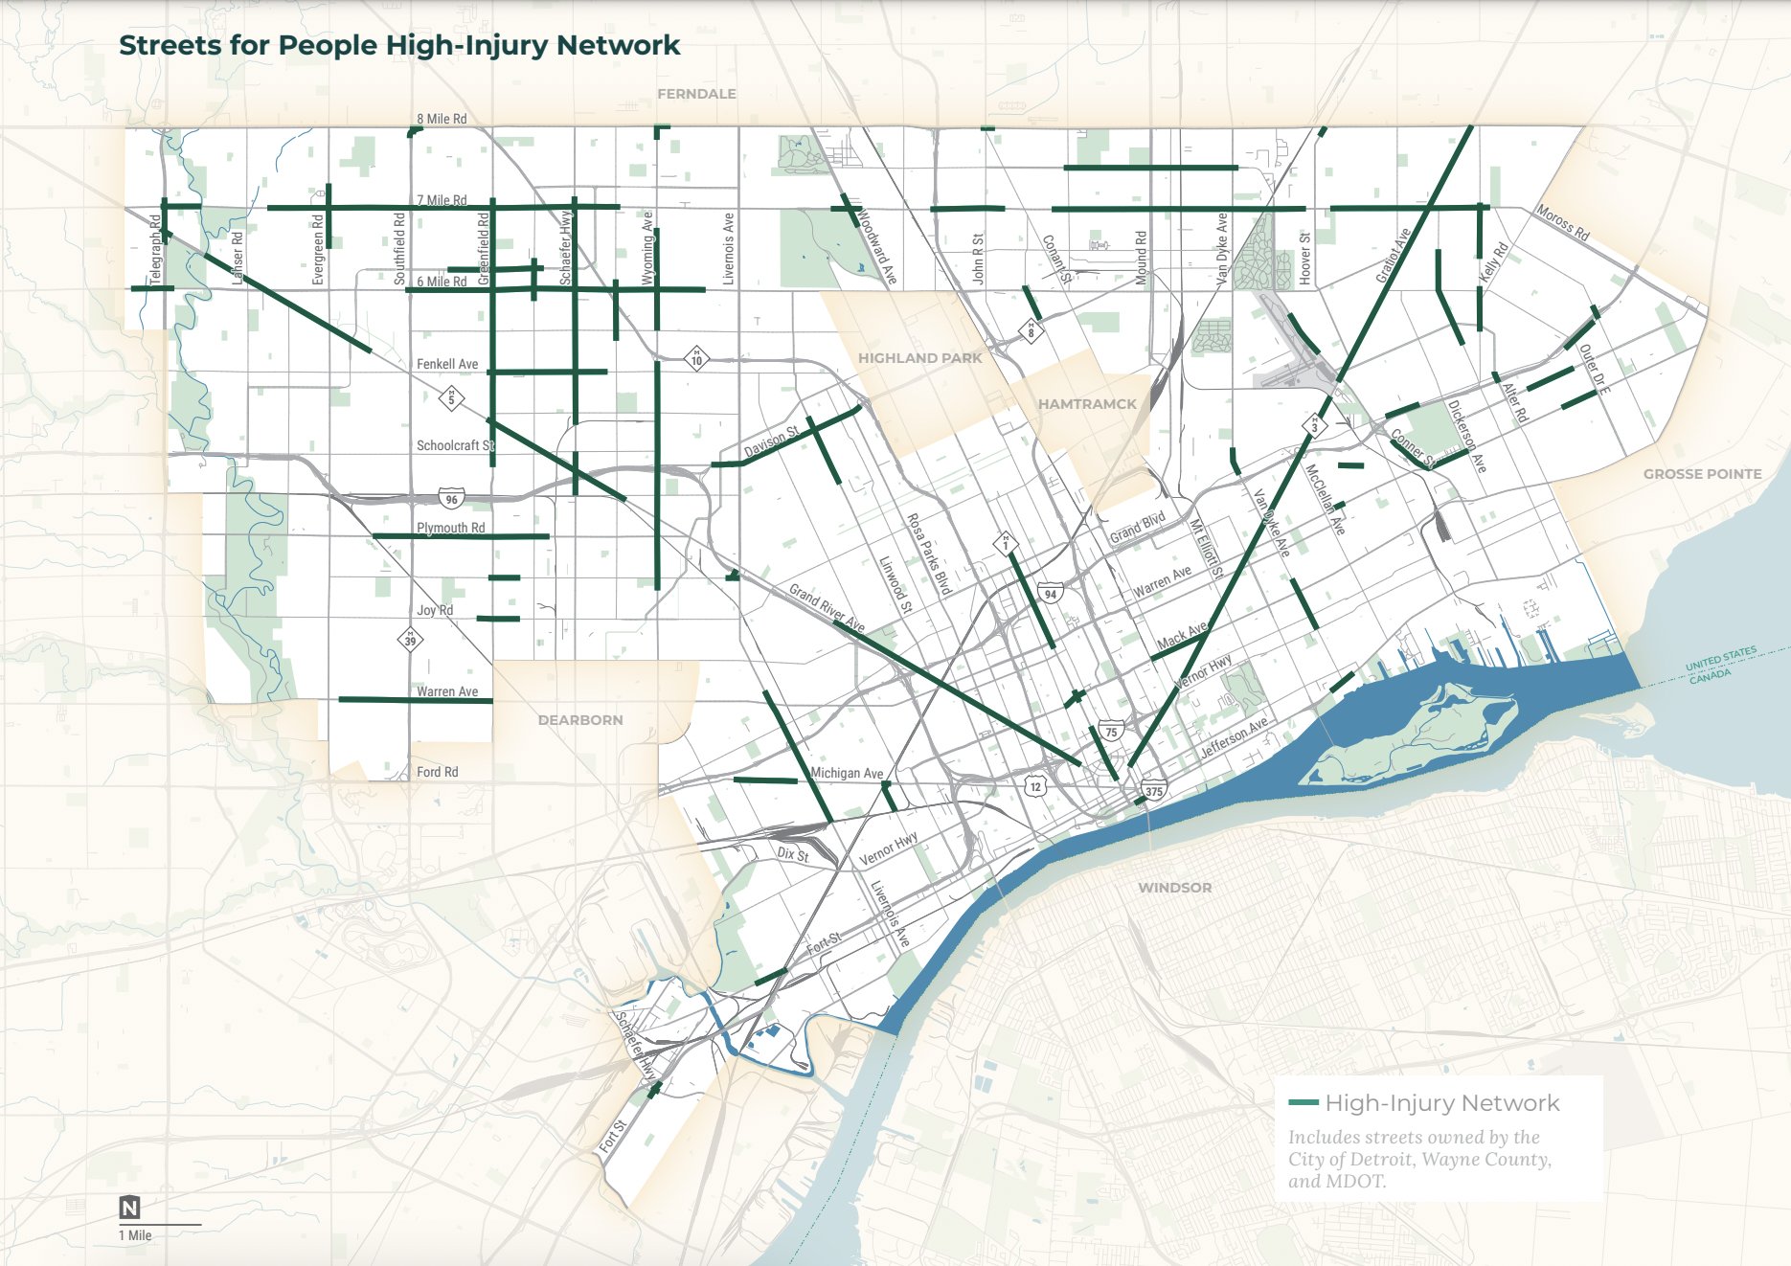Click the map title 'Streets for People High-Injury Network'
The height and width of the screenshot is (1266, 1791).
(x=399, y=45)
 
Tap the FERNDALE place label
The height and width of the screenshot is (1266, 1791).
(x=696, y=94)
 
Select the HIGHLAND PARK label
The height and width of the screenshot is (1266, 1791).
(x=919, y=358)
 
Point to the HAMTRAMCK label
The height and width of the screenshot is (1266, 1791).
(x=1087, y=404)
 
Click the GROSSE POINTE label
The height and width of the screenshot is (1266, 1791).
(x=1702, y=474)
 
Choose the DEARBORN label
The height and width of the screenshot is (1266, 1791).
(x=580, y=720)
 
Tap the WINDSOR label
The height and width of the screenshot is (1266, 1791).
(x=1174, y=888)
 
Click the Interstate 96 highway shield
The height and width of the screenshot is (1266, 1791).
(x=452, y=499)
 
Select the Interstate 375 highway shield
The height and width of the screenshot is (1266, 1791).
(x=1154, y=791)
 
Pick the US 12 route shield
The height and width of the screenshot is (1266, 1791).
(x=1035, y=786)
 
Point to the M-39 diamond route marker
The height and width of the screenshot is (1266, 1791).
(x=410, y=639)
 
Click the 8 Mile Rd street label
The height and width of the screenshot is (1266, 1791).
(x=442, y=119)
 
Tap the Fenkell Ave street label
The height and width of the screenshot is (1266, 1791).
(x=447, y=364)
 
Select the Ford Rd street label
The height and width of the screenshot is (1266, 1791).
(x=437, y=772)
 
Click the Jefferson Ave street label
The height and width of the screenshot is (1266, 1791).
(x=1235, y=737)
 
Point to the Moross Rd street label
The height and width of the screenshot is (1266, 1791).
(x=1562, y=222)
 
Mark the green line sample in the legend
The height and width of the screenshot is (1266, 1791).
(x=1304, y=1103)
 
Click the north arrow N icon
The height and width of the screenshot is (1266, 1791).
(x=129, y=1208)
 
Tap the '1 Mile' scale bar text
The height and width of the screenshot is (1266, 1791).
(x=135, y=1235)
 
